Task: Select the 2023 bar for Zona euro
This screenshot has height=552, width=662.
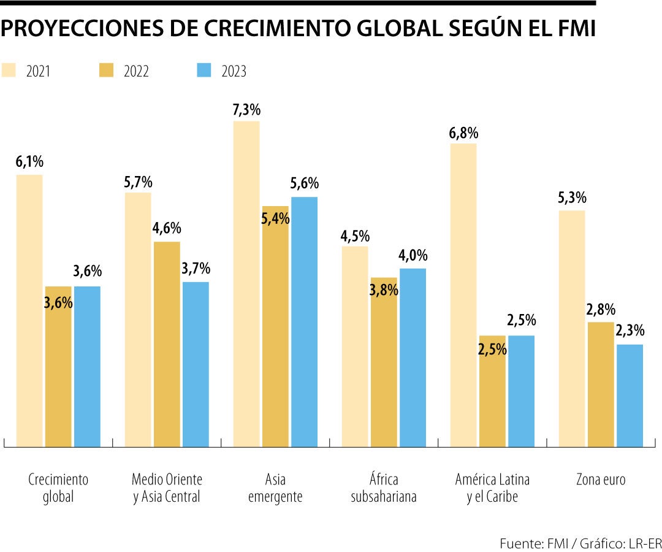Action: (x=630, y=396)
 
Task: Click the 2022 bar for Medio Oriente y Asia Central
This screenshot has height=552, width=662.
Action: (x=167, y=343)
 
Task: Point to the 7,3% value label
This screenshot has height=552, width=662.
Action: (x=246, y=110)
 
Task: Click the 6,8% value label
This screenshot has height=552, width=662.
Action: (x=463, y=133)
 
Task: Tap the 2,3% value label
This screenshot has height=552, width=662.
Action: (x=630, y=331)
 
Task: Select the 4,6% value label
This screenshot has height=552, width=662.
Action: (x=167, y=229)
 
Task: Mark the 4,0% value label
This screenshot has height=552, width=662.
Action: (x=413, y=256)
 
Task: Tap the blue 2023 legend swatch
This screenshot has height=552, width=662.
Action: (x=204, y=70)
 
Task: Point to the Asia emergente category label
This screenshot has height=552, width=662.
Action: (x=275, y=488)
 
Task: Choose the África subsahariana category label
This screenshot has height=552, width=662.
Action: (x=384, y=488)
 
